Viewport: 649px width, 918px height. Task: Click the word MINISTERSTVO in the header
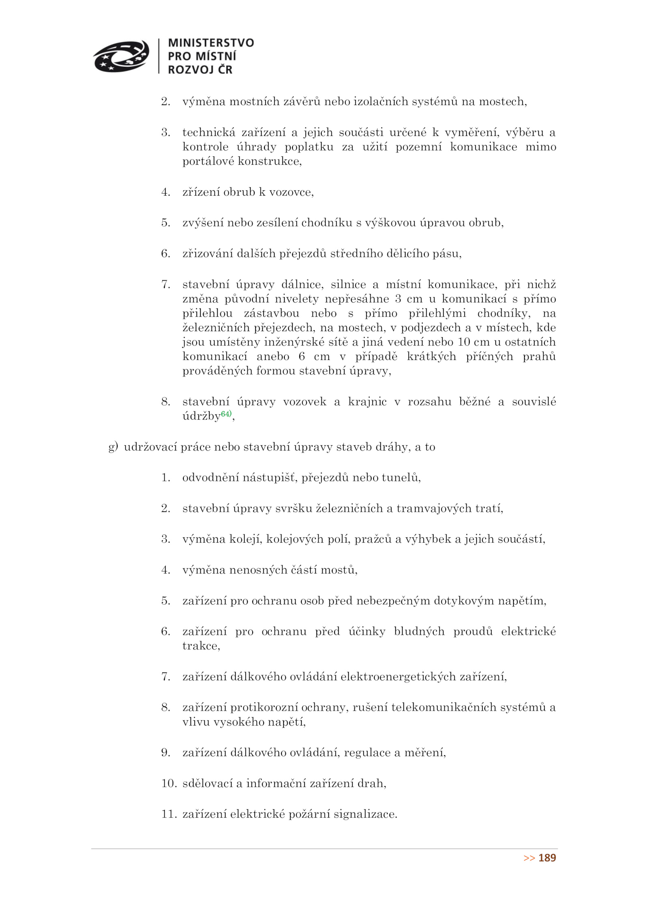[211, 43]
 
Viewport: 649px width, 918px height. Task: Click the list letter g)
[113, 447]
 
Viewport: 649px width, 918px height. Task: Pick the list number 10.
[169, 783]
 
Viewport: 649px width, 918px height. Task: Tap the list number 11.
[169, 814]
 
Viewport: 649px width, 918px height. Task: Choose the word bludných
[419, 631]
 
